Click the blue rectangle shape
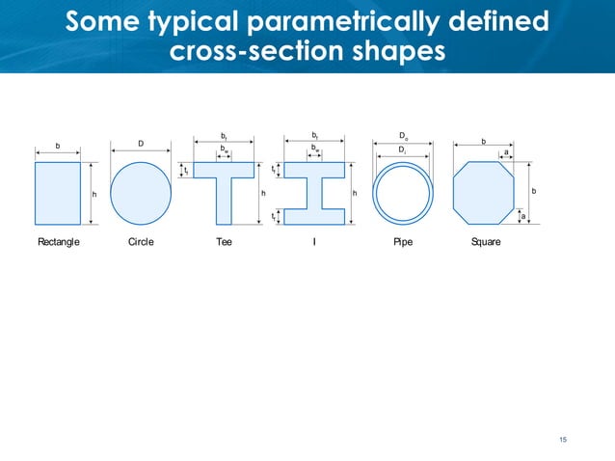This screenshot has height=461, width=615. coord(57,193)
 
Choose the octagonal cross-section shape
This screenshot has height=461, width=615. coord(484,193)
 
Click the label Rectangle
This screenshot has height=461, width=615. coord(58,242)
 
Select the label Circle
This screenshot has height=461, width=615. coord(141,242)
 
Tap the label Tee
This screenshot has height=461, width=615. coord(224,242)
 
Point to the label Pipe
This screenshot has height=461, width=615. coord(403,242)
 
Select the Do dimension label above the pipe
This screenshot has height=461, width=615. coord(403,136)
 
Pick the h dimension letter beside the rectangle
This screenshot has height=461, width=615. coord(94,194)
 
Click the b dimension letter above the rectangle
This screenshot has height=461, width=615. coord(57,146)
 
